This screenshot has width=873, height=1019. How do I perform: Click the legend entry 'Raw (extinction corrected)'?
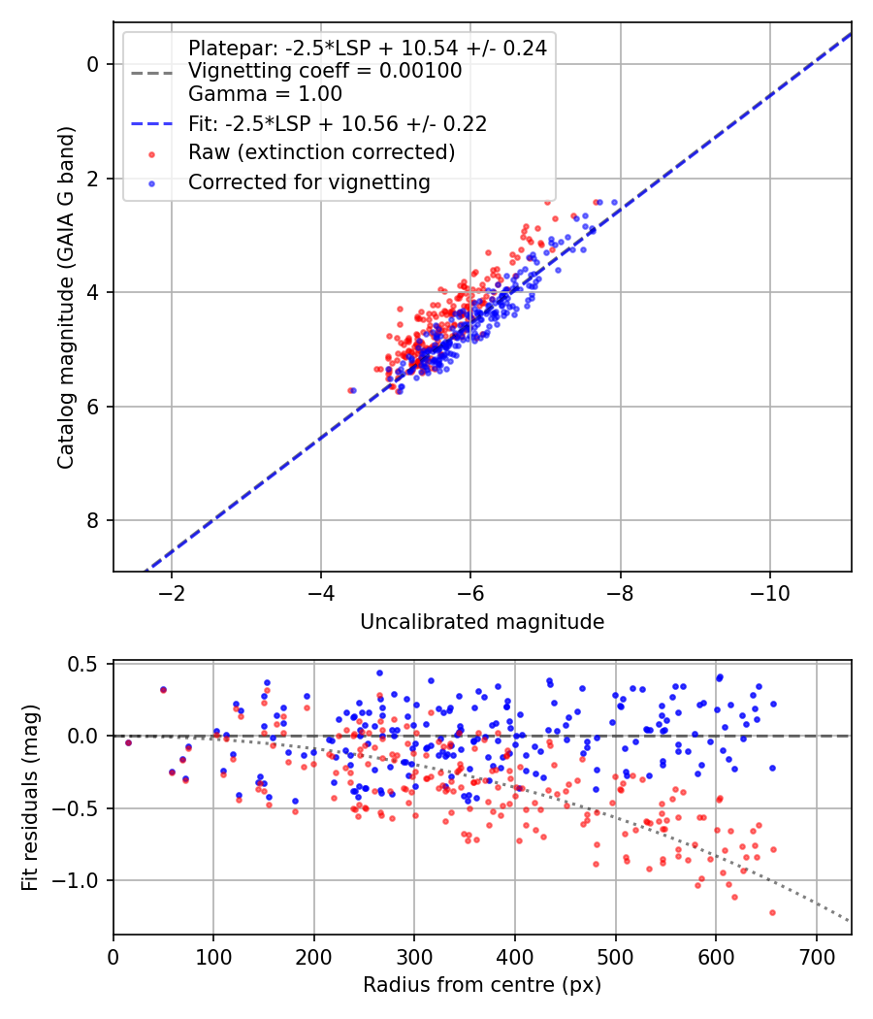coord(321,152)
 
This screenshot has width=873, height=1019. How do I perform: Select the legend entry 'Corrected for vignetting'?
coord(308,181)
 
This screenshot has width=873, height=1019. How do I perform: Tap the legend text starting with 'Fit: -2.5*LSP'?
coord(337,123)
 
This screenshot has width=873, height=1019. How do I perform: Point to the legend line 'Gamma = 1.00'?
coord(265,94)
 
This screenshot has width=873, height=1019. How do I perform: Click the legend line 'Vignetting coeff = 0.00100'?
coord(325,71)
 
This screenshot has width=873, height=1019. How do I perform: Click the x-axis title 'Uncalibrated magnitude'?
coord(482,622)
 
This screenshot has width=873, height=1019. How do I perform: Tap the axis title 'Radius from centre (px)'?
coord(482,985)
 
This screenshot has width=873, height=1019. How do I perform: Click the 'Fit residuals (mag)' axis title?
coord(30,798)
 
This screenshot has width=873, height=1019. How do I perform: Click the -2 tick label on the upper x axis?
coord(172,592)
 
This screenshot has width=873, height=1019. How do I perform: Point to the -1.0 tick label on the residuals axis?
coord(81,880)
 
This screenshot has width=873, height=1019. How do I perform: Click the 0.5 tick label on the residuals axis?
coord(86,664)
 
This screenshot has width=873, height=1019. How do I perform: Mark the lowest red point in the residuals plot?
coord(772,912)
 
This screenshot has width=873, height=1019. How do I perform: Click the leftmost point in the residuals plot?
coord(128,742)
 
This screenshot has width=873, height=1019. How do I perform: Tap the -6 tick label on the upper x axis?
coord(470,592)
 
